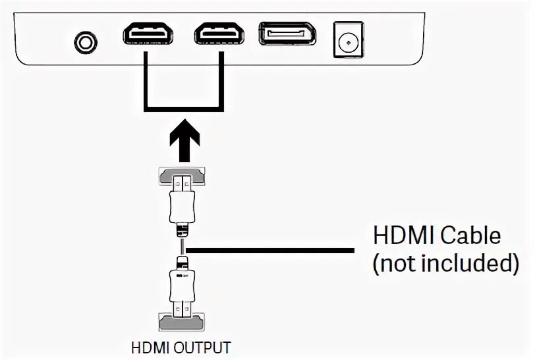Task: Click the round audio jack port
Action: [85, 43]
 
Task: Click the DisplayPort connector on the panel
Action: [287, 34]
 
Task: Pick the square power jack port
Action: [346, 41]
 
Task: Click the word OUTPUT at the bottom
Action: [208, 347]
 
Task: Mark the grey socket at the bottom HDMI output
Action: [181, 323]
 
